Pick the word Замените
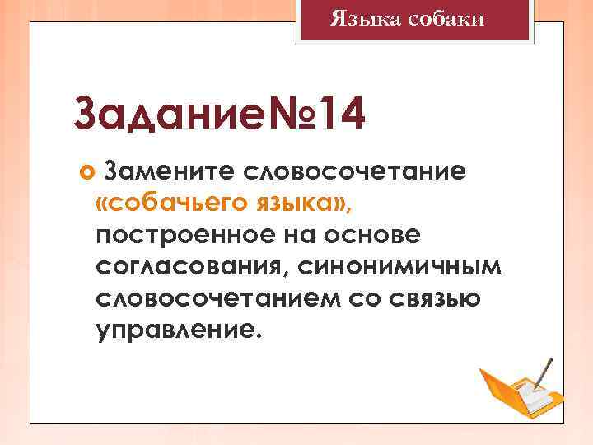tap(169, 171)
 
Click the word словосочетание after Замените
tap(356, 171)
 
